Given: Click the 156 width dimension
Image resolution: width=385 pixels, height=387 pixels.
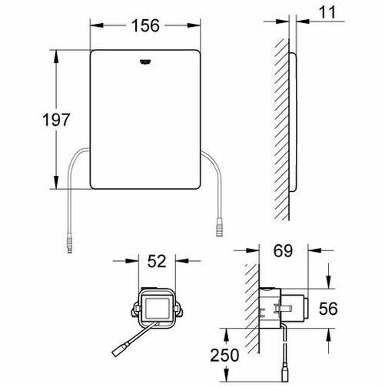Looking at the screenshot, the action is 145,25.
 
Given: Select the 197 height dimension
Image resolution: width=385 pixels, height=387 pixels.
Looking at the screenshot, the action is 56,120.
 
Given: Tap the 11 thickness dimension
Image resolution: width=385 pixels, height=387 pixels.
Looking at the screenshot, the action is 327,12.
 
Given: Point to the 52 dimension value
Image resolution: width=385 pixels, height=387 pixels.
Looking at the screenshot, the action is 157,261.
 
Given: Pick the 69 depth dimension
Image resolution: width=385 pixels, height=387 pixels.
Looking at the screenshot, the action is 283,251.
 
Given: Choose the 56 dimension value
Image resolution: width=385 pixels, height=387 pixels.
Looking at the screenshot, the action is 328,309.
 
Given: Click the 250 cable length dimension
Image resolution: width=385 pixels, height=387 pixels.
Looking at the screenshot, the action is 224,355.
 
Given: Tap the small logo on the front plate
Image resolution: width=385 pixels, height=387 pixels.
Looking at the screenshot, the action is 145,61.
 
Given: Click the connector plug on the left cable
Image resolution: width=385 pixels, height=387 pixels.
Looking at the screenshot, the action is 69,243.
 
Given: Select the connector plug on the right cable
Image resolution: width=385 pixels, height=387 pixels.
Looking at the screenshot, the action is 220,227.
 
